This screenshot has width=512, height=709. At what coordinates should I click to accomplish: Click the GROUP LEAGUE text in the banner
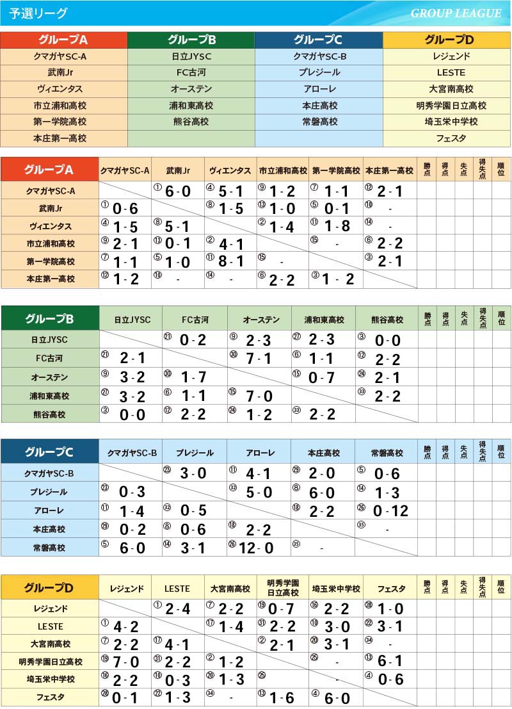[456, 13]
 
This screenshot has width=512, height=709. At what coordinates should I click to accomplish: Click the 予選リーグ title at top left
[38, 13]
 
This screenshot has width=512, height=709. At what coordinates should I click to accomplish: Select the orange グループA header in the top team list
[63, 40]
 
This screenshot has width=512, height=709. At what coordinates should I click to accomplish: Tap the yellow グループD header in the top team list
[447, 40]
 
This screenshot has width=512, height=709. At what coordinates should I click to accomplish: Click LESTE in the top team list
[447, 72]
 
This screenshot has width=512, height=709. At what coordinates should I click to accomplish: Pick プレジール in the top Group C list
[319, 72]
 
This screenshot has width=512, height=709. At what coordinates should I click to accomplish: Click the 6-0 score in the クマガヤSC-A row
[177, 192]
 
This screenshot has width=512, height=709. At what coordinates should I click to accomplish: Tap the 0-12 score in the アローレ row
[390, 511]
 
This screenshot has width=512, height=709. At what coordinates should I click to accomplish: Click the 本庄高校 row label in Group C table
[49, 529]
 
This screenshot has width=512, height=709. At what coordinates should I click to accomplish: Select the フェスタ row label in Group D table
[49, 697]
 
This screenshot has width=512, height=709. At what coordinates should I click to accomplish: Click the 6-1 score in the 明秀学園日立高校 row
[390, 662]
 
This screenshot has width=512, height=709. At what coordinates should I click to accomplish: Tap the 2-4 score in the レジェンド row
[177, 608]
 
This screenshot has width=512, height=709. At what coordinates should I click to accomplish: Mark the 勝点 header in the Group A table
[427, 169]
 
